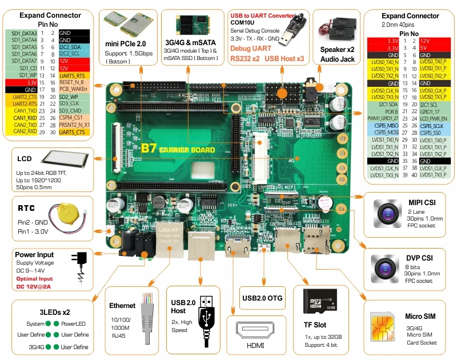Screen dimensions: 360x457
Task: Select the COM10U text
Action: (242, 22)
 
